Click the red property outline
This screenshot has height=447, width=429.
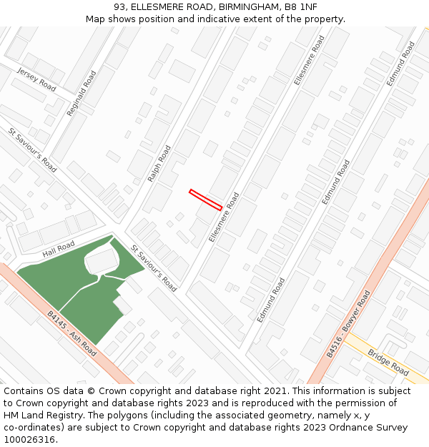coord(205,200)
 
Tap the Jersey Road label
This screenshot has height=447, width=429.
coord(36,79)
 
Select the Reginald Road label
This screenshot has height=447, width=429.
coord(81,93)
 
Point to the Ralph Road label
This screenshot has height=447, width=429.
coord(159,163)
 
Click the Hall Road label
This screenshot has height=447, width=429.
coord(59,250)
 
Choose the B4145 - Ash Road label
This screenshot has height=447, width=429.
coord(71,334)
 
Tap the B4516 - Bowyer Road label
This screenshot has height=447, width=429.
coord(349,324)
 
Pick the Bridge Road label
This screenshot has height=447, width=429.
coord(388,363)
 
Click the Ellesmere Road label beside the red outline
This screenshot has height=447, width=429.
coord(224,217)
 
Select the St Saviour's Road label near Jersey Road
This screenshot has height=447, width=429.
coord(33,150)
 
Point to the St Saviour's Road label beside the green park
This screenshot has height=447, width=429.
coord(154,267)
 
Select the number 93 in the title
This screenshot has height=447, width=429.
coord(119,6)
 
